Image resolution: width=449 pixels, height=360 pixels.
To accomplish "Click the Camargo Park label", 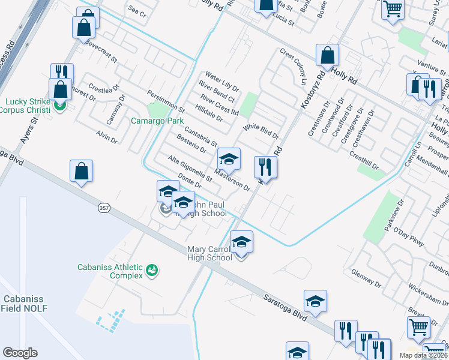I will click(157, 121).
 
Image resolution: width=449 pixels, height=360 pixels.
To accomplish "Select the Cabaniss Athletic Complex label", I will click(110, 271).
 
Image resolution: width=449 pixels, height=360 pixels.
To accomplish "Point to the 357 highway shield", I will click(103, 207).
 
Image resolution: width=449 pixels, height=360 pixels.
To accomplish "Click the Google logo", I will click(20, 353).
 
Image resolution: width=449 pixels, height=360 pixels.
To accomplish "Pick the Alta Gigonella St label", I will click(190, 169).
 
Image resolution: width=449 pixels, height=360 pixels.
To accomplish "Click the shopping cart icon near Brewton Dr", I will click(418, 328).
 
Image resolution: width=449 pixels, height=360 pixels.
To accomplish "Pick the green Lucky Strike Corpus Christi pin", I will click(59, 106).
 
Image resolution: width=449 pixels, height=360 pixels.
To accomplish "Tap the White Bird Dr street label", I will click(262, 131).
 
